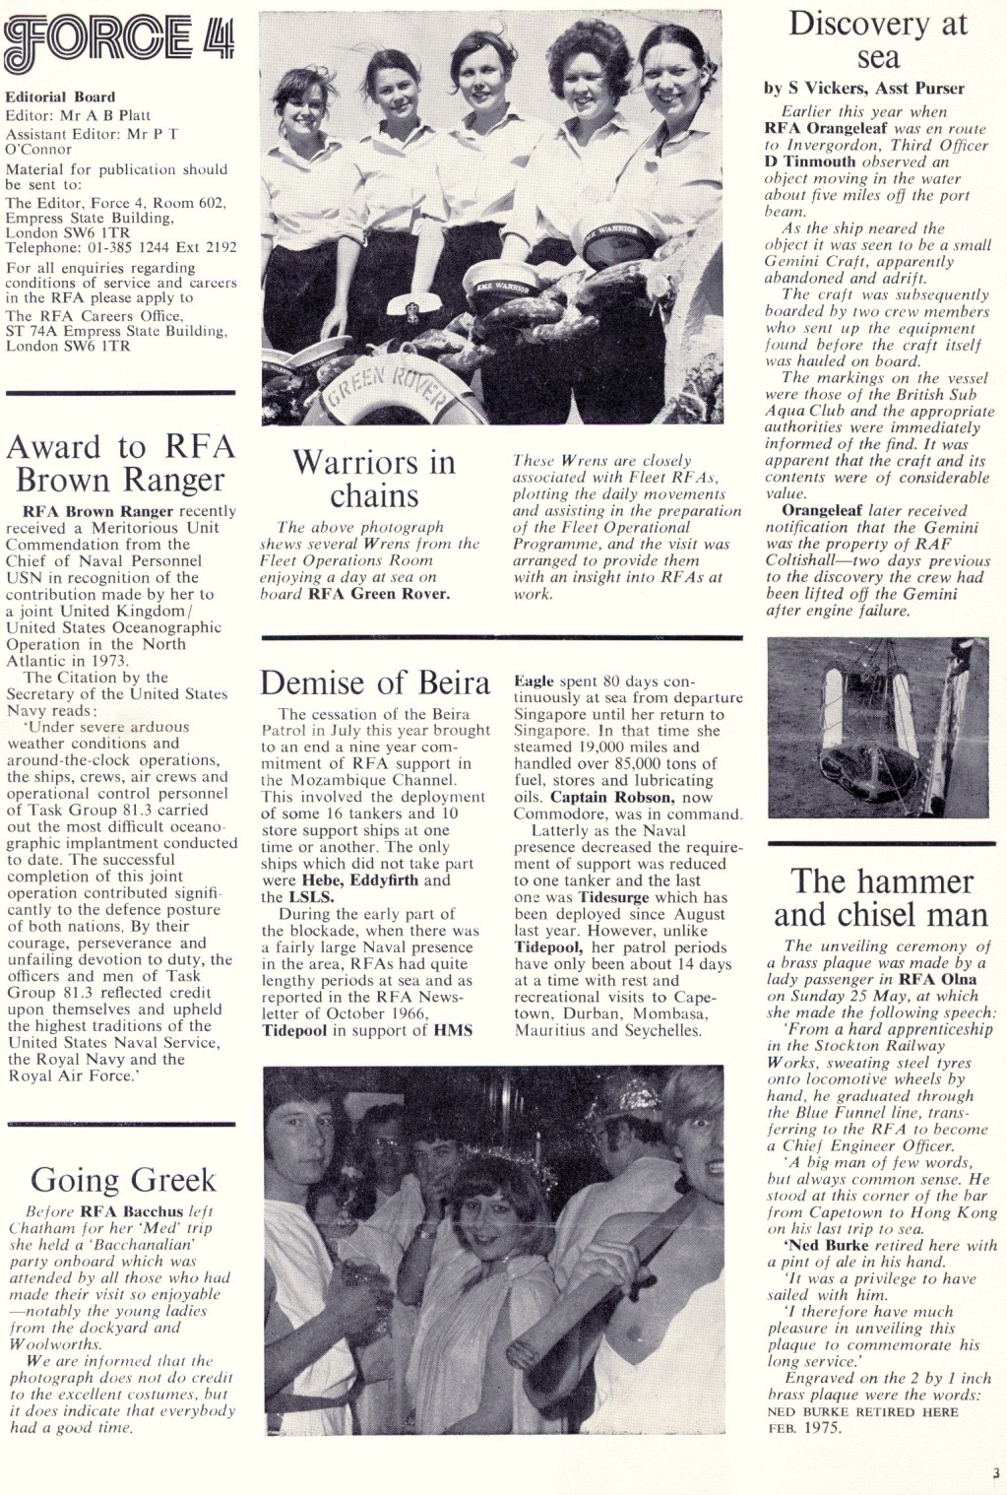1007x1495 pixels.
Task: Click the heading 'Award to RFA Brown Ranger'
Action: pyautogui.click(x=121, y=463)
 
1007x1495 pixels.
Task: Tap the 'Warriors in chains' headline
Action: pyautogui.click(x=374, y=478)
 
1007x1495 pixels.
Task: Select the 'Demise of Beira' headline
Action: pyautogui.click(x=374, y=682)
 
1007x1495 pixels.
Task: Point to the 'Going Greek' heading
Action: pyautogui.click(x=122, y=1179)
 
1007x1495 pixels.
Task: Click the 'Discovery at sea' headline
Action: pyautogui.click(x=877, y=41)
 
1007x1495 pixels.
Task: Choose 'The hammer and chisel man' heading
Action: pyautogui.click(x=879, y=897)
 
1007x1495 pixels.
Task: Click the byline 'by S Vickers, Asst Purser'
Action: pyautogui.click(x=864, y=89)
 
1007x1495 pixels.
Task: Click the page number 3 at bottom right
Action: pyautogui.click(x=995, y=1473)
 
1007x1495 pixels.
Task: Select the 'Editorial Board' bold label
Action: pyautogui.click(x=60, y=97)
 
